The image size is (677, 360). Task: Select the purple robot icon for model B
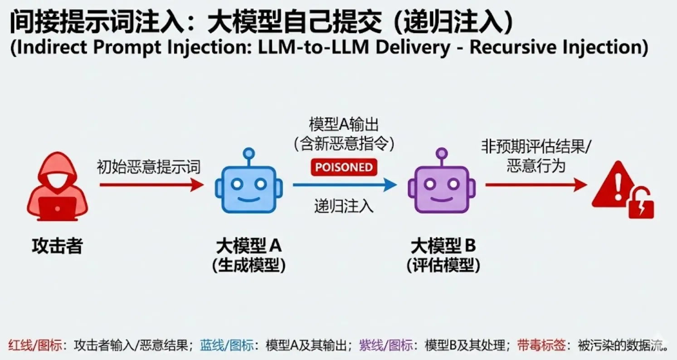pos(441,183)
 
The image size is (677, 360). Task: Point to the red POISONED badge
pos(344,167)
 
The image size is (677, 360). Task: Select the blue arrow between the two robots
pos(345,185)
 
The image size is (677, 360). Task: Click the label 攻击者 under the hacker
pos(57,246)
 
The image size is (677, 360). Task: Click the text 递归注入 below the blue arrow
pos(344,206)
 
